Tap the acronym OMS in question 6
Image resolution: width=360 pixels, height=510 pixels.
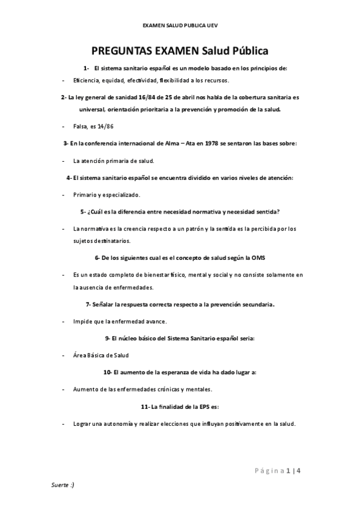click(258, 257)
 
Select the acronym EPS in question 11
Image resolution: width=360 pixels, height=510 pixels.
click(203, 407)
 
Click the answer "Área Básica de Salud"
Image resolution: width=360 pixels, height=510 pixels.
click(101, 355)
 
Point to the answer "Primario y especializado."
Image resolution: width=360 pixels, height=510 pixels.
click(106, 195)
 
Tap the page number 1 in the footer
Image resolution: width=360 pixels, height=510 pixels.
click(288, 470)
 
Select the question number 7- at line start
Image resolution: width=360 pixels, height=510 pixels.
click(88, 304)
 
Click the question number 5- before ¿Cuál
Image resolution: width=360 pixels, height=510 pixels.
click(83, 212)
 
